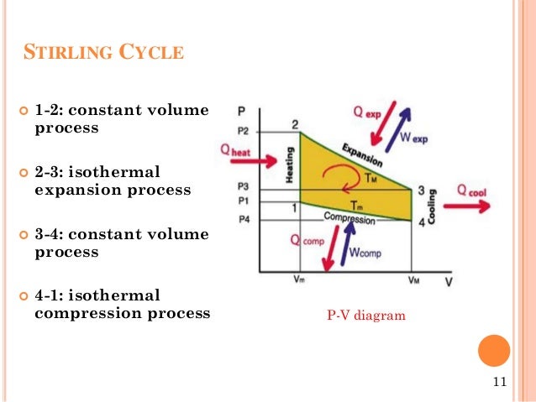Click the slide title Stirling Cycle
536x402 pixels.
102,55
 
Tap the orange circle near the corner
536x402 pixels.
493,351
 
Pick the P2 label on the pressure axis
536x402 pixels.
243,131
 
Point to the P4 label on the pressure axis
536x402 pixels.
243,220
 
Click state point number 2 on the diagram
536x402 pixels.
295,125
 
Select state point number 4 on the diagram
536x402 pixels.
419,222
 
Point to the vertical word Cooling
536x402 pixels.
431,206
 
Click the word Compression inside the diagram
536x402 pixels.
349,218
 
